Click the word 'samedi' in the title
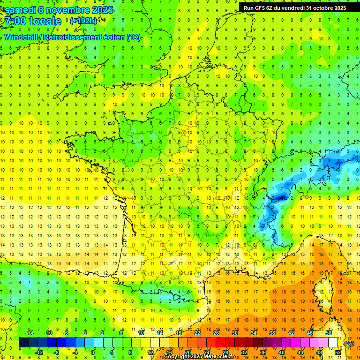(x=21, y=10)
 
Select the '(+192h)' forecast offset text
(x=84, y=21)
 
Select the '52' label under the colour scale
(x=337, y=352)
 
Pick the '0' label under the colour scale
(x=93, y=352)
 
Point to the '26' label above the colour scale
(x=216, y=332)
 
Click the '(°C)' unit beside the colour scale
(x=349, y=343)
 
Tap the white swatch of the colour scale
(x=333, y=343)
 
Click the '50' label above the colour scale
(x=328, y=332)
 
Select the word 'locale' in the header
(x=45, y=22)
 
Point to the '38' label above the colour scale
(x=272, y=332)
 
